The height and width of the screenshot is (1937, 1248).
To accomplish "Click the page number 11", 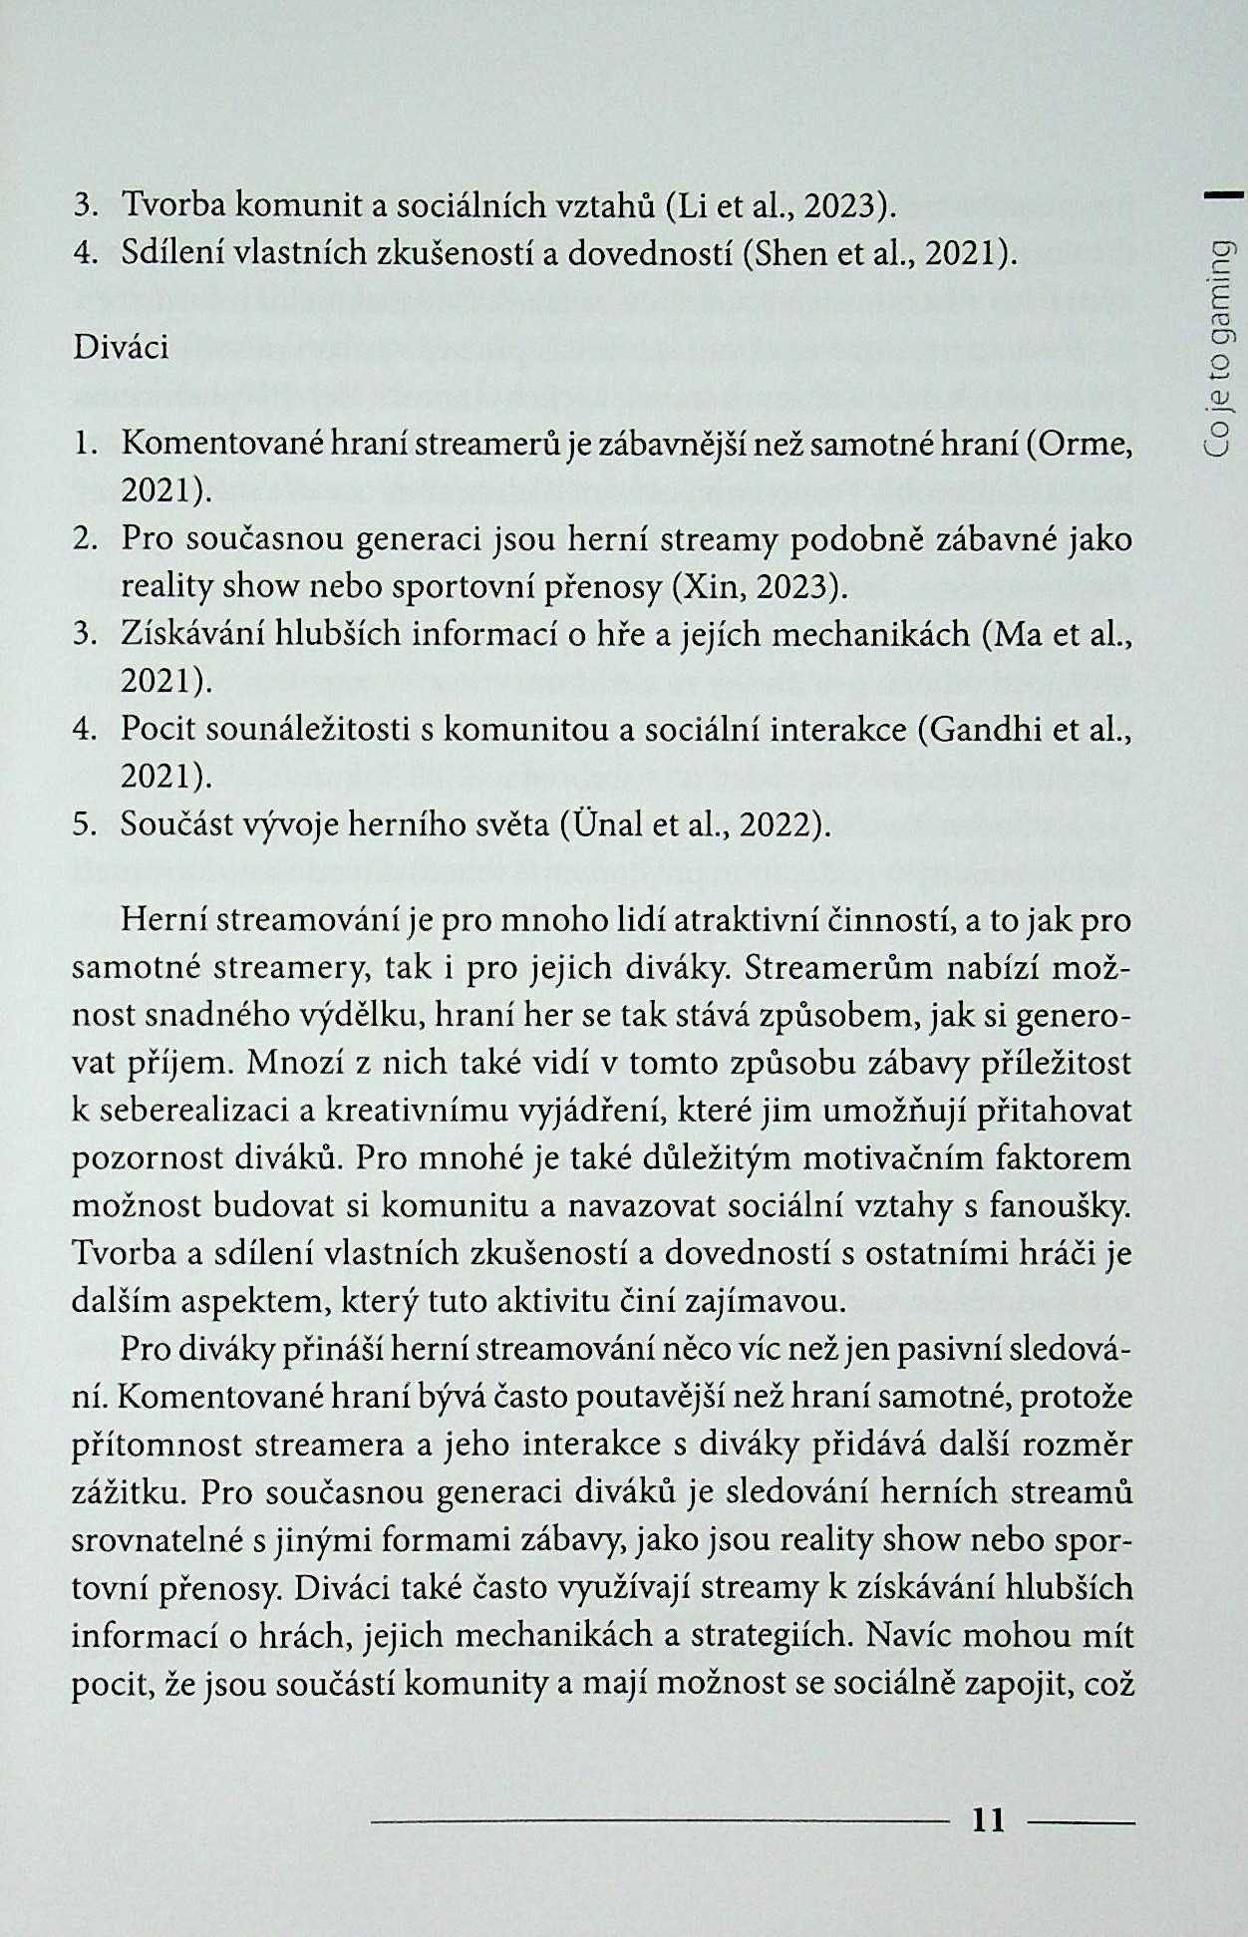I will [x=988, y=1820].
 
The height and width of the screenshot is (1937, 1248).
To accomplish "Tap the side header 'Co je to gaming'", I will [x=1219, y=349].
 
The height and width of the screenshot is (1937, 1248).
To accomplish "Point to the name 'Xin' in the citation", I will [x=703, y=586].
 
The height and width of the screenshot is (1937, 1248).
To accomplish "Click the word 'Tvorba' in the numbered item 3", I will [x=173, y=206].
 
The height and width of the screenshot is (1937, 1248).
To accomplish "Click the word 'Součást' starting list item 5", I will [x=177, y=824].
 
